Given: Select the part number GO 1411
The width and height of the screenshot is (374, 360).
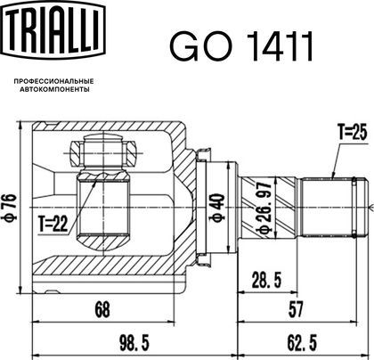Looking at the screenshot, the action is click(241, 46).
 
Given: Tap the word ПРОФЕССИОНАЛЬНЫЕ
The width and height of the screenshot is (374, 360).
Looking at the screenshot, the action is click(54, 81).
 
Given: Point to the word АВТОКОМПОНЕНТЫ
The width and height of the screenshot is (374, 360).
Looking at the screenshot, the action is click(54, 89).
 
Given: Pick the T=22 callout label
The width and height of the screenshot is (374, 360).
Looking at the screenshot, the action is click(53, 224).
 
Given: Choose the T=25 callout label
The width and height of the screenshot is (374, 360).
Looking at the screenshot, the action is click(353, 132).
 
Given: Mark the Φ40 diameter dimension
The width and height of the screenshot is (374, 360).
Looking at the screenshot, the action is click(217, 208).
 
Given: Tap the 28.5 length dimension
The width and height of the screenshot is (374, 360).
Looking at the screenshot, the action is click(266, 280).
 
